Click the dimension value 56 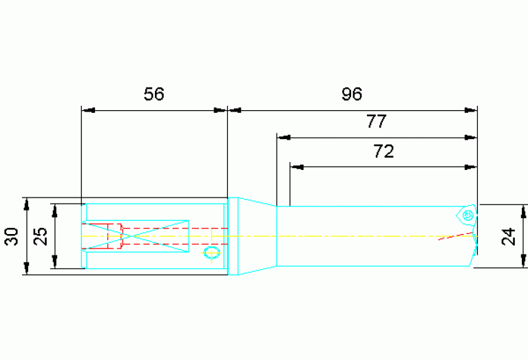[154, 94]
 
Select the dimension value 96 [351, 94]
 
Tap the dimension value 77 [377, 123]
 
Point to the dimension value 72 [383, 152]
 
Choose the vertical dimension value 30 [11, 237]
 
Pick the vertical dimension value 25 [41, 236]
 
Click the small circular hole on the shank [211, 254]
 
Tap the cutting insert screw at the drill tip [467, 215]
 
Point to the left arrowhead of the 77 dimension [282, 138]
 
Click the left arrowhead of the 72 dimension [295, 167]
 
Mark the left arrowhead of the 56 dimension [86, 109]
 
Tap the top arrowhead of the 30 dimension [26, 202]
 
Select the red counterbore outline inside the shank [114, 235]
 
